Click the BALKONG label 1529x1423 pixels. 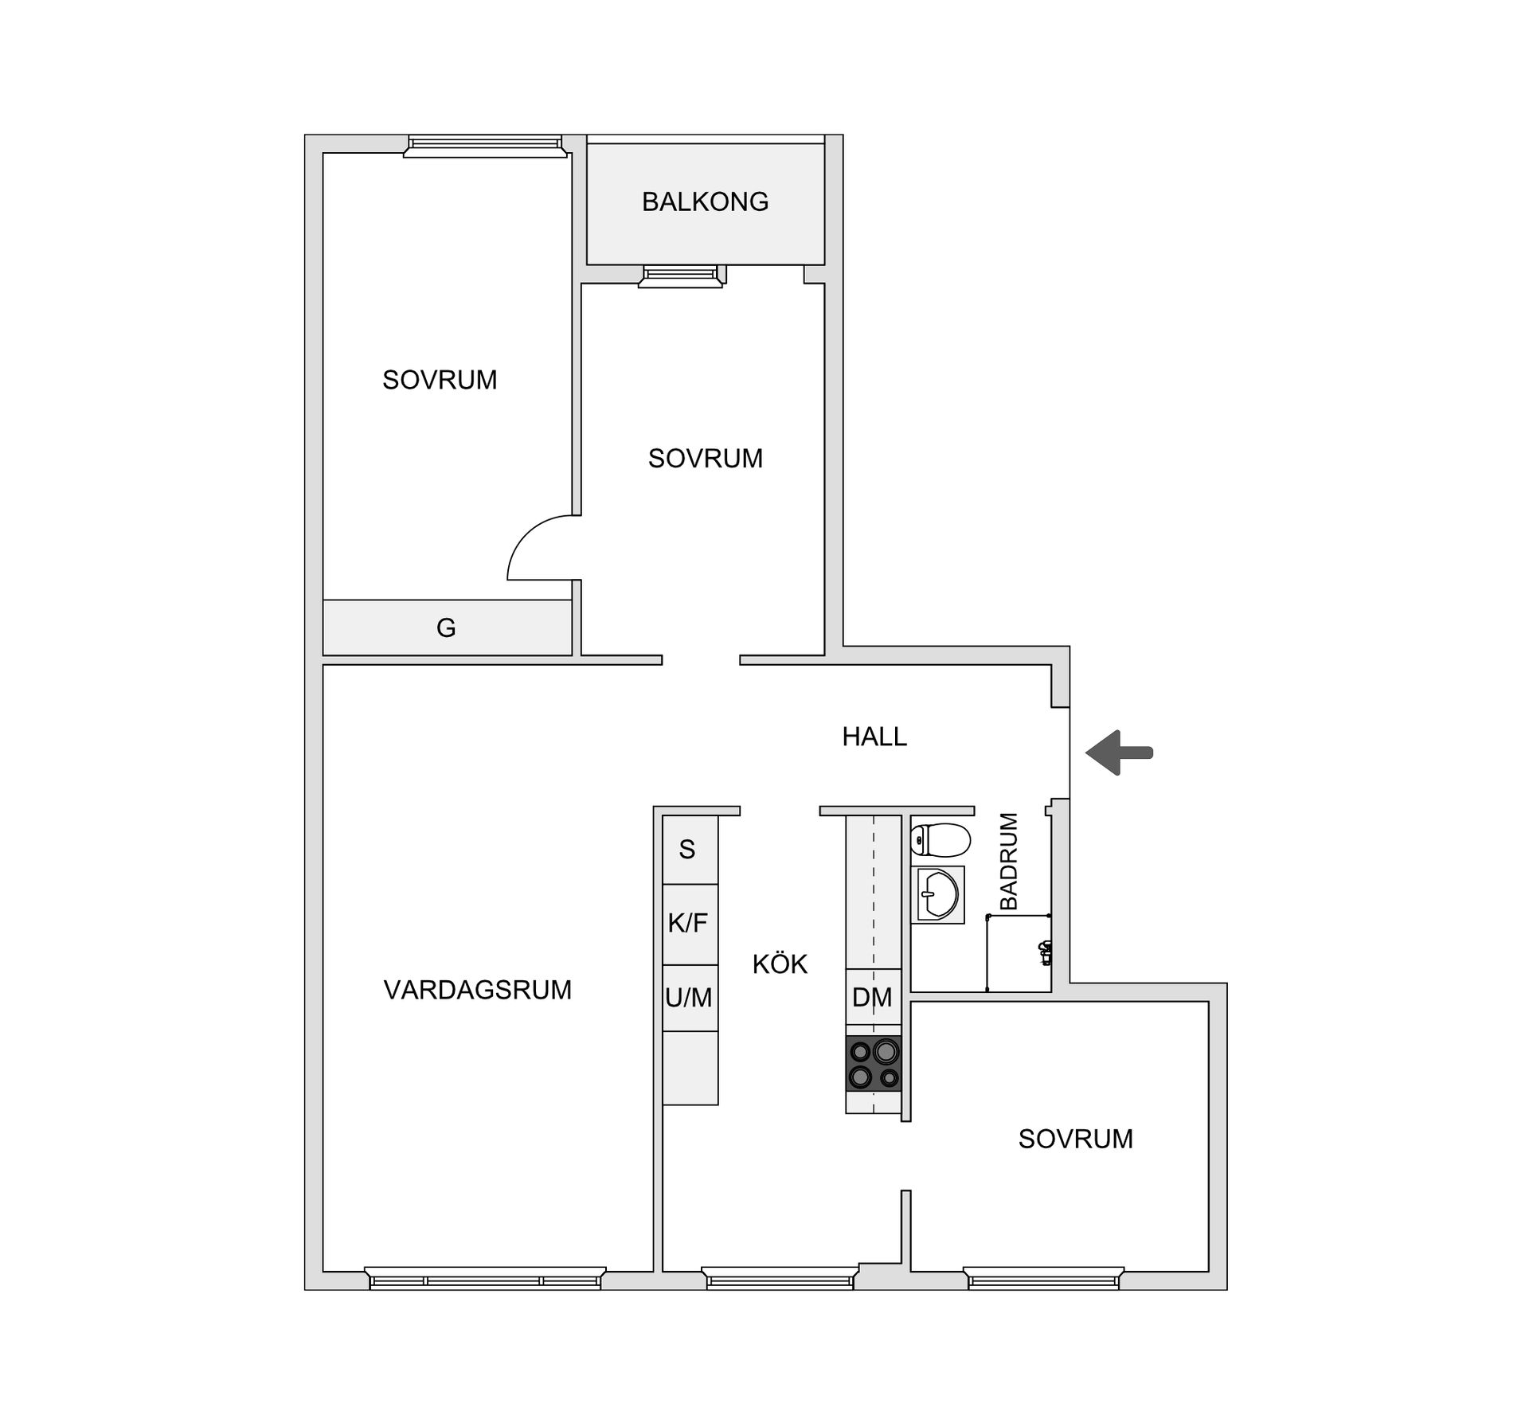coord(705,202)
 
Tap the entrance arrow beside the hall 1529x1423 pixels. coord(1118,753)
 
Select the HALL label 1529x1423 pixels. coord(874,737)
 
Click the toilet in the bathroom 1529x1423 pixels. coord(940,839)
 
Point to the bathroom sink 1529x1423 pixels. coord(938,893)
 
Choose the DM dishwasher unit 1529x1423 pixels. coord(873,997)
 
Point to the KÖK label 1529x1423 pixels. coord(780,965)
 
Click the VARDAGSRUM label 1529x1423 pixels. coord(478,990)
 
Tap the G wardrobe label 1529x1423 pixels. coord(446,628)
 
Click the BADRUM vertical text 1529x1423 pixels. coord(1009,861)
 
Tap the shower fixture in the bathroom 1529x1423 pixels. coord(1046,952)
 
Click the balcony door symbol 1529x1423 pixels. coord(682,276)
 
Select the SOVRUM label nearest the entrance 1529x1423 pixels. coord(1075,1140)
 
